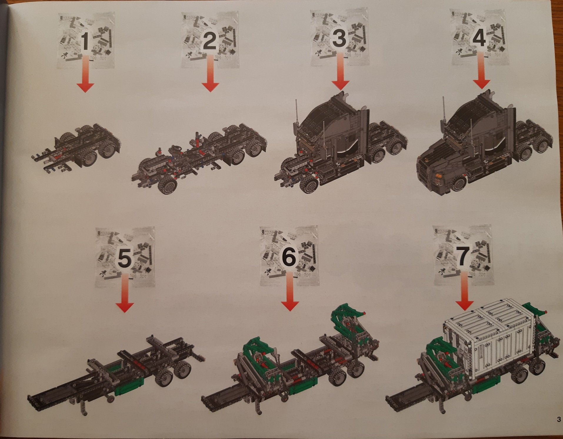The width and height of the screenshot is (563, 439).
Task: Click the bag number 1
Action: point(85,41)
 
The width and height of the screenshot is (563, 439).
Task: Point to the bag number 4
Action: point(479,38)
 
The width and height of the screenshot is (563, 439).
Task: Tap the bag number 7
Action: point(462,256)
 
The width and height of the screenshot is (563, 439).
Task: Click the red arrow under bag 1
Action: point(85,74)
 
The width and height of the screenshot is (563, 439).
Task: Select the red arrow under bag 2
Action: point(210,73)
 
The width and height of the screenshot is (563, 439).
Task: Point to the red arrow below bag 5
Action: point(125,292)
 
